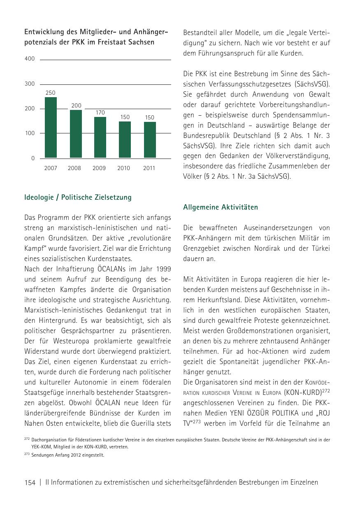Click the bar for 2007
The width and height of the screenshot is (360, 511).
coord(51,128)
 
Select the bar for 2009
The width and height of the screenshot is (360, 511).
coord(100,138)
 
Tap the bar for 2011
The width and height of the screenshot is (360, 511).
coord(150,140)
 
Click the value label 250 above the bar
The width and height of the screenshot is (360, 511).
coord(50,93)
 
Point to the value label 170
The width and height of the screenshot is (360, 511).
coord(100,112)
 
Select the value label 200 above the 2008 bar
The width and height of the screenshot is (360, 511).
coord(76,106)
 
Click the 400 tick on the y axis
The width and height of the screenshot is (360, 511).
coord(30,59)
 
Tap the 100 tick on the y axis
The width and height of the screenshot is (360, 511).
coord(30,133)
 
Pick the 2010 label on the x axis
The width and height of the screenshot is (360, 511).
coord(123,168)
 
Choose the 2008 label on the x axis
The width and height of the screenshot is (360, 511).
coord(74,168)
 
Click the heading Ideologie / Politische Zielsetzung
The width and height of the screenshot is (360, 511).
coord(78,198)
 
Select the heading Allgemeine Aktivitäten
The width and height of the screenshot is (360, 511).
coord(221,208)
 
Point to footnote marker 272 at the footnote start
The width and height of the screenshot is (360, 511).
coord(27,439)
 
